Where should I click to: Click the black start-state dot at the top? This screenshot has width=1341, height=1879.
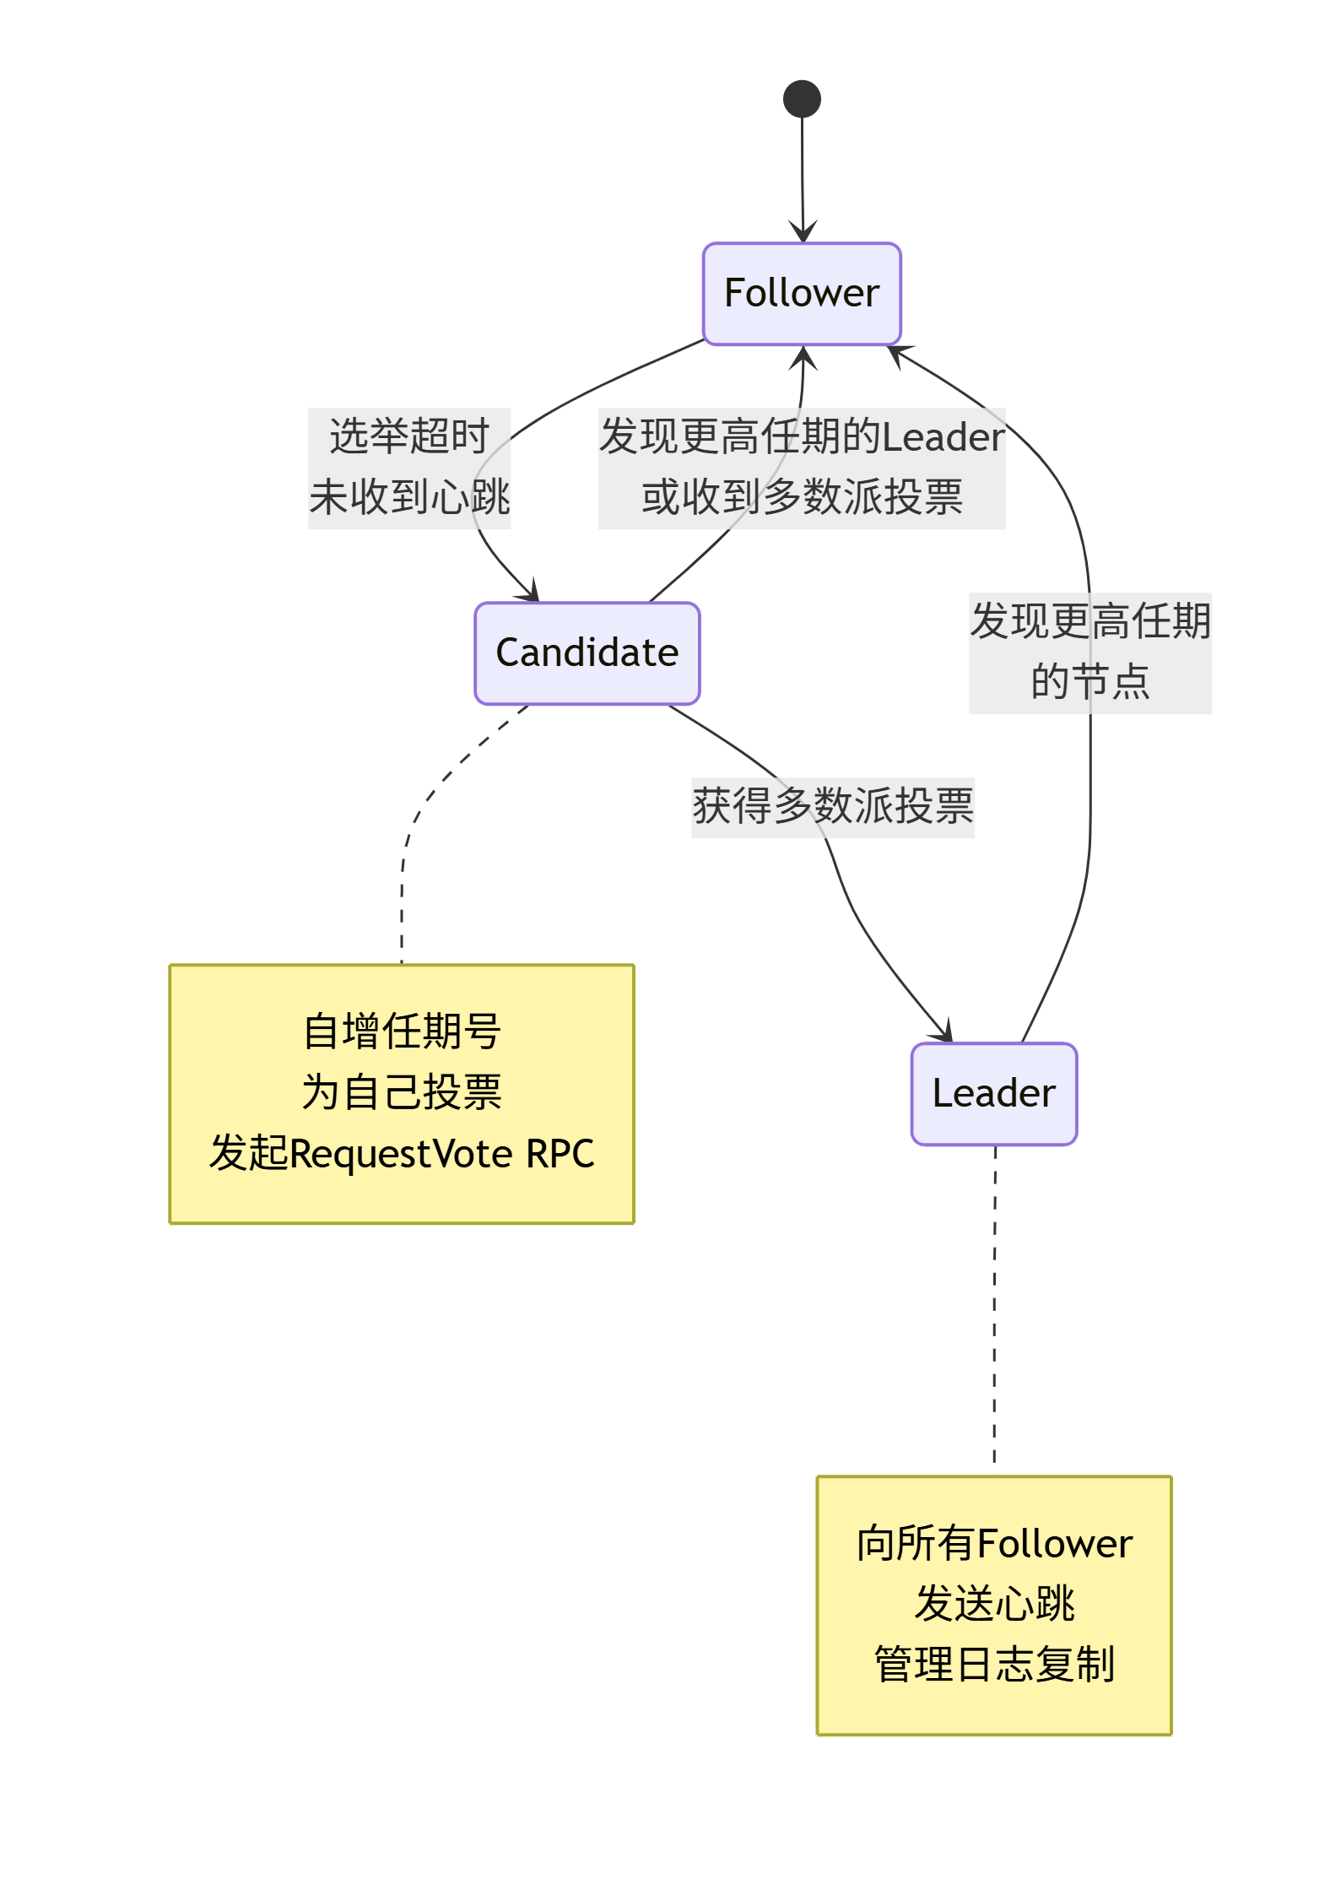(802, 99)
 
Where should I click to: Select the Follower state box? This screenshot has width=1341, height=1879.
(802, 294)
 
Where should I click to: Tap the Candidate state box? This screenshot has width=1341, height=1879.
(587, 653)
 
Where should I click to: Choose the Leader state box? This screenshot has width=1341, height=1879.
(993, 1093)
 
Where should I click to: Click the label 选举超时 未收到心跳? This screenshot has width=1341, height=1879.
(409, 468)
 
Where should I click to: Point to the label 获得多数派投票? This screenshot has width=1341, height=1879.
(832, 806)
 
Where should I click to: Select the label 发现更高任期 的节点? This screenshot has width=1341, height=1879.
(1090, 652)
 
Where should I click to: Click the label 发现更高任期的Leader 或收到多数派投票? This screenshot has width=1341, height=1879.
(801, 468)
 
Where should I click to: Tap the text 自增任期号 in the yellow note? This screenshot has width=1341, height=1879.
(402, 1032)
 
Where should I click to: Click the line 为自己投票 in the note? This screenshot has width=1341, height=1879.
(402, 1092)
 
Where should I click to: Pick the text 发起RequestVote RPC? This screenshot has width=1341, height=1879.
(402, 1153)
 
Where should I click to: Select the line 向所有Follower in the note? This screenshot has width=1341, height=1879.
(993, 1544)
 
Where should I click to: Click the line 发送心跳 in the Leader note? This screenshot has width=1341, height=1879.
(993, 1604)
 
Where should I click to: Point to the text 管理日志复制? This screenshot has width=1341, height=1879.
(993, 1665)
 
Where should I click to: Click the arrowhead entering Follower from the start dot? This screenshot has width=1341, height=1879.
(803, 233)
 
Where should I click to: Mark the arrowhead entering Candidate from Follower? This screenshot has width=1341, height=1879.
(531, 592)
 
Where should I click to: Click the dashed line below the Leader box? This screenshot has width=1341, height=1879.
(995, 1308)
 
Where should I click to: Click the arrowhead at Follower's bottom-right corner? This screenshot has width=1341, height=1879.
(898, 354)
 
